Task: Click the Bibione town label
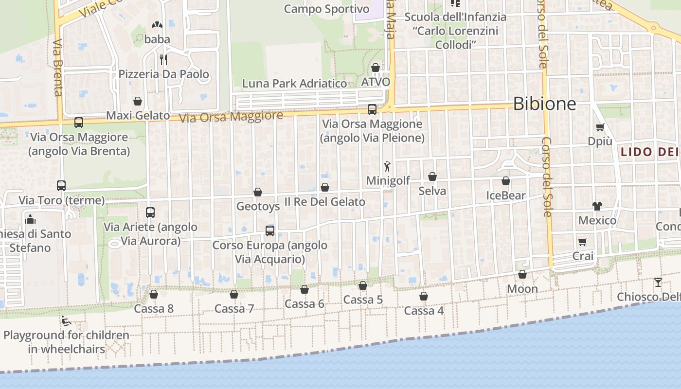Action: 544,104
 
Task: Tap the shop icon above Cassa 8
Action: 154,294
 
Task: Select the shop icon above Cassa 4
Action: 424,296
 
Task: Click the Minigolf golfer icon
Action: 387,167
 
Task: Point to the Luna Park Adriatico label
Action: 295,83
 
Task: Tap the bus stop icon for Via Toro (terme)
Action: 61,185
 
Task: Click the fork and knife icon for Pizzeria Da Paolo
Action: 163,60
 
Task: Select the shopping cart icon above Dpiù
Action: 600,127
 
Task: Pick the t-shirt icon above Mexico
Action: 597,206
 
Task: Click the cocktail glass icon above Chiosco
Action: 658,282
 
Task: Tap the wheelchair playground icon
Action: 66,320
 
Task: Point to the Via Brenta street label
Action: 57,68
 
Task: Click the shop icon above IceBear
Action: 506,181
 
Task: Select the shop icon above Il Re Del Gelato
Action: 325,187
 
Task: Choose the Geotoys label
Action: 258,206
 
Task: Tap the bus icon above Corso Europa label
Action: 270,230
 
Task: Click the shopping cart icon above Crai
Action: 583,242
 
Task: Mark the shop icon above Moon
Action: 522,275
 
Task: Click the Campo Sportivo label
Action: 326,9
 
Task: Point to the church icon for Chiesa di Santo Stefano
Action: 31,219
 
